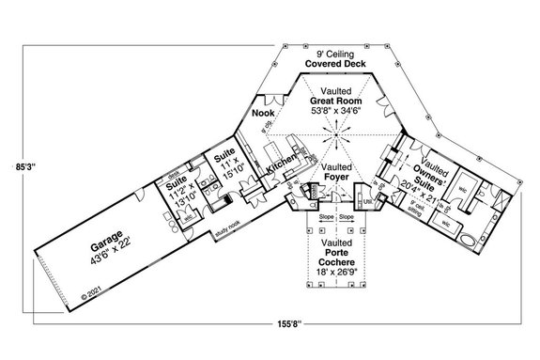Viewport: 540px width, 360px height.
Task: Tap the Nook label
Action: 263,114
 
